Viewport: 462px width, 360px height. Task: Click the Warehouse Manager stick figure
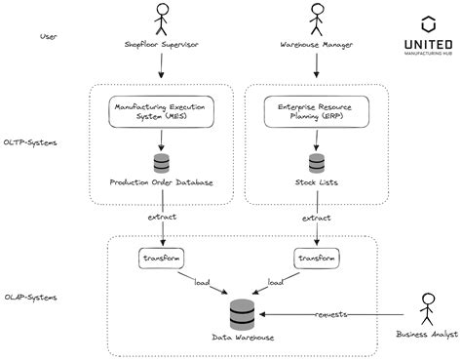[315, 20]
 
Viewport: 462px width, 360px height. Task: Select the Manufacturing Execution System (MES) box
[163, 111]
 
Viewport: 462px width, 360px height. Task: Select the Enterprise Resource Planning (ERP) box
[315, 111]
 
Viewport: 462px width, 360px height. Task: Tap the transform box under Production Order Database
[162, 259]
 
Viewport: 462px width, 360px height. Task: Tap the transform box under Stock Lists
[315, 259]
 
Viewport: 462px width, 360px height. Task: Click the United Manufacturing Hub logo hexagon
[427, 24]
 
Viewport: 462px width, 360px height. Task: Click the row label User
[48, 36]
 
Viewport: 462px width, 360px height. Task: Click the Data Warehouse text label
[243, 338]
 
